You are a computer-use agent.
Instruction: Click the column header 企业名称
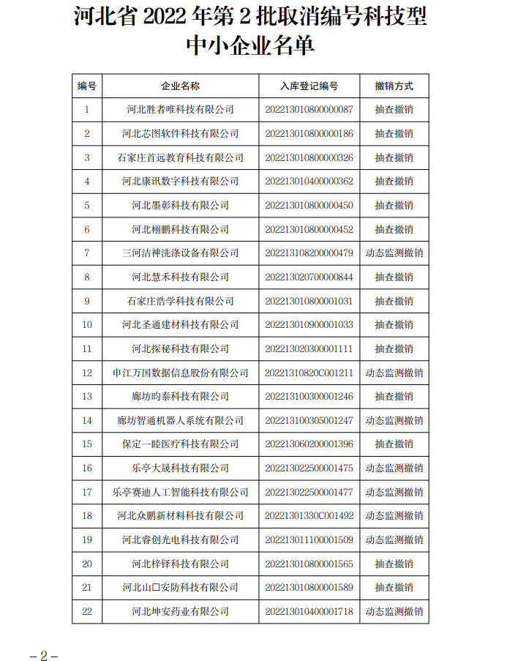180,86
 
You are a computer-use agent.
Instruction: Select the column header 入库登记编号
309,86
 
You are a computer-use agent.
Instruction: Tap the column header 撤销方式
394,86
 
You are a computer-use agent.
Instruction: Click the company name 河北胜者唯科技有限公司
180,110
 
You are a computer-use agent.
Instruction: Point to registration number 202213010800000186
309,133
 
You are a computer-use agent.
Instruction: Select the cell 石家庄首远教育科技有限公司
180,157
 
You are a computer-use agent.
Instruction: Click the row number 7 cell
87,253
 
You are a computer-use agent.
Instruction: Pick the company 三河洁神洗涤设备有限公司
180,253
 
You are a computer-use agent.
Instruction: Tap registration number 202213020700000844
309,277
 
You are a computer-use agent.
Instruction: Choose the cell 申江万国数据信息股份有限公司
180,373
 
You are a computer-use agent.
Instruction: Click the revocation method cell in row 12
394,373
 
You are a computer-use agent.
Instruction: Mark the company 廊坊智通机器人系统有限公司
180,420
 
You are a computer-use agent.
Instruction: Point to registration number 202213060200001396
309,444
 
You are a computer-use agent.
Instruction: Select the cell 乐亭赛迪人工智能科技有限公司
180,492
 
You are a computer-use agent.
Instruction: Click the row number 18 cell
87,515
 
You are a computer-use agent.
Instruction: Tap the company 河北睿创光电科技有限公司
180,539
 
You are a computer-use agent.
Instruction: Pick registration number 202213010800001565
309,564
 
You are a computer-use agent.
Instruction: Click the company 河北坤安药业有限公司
180,611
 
